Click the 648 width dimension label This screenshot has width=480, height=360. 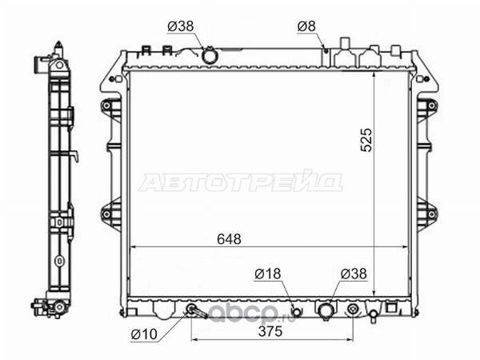tap(229, 239)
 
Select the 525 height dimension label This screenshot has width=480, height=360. tap(366, 140)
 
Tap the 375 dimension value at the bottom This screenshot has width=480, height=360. tap(270, 331)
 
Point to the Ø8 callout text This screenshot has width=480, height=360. tap(306, 26)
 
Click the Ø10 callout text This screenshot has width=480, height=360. tap(144, 334)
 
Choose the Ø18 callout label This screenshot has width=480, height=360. tap(267, 274)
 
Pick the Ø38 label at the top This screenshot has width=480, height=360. tap(181, 26)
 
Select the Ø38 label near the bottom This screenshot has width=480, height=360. tap(354, 274)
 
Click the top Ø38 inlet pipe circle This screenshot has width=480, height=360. tap(210, 56)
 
